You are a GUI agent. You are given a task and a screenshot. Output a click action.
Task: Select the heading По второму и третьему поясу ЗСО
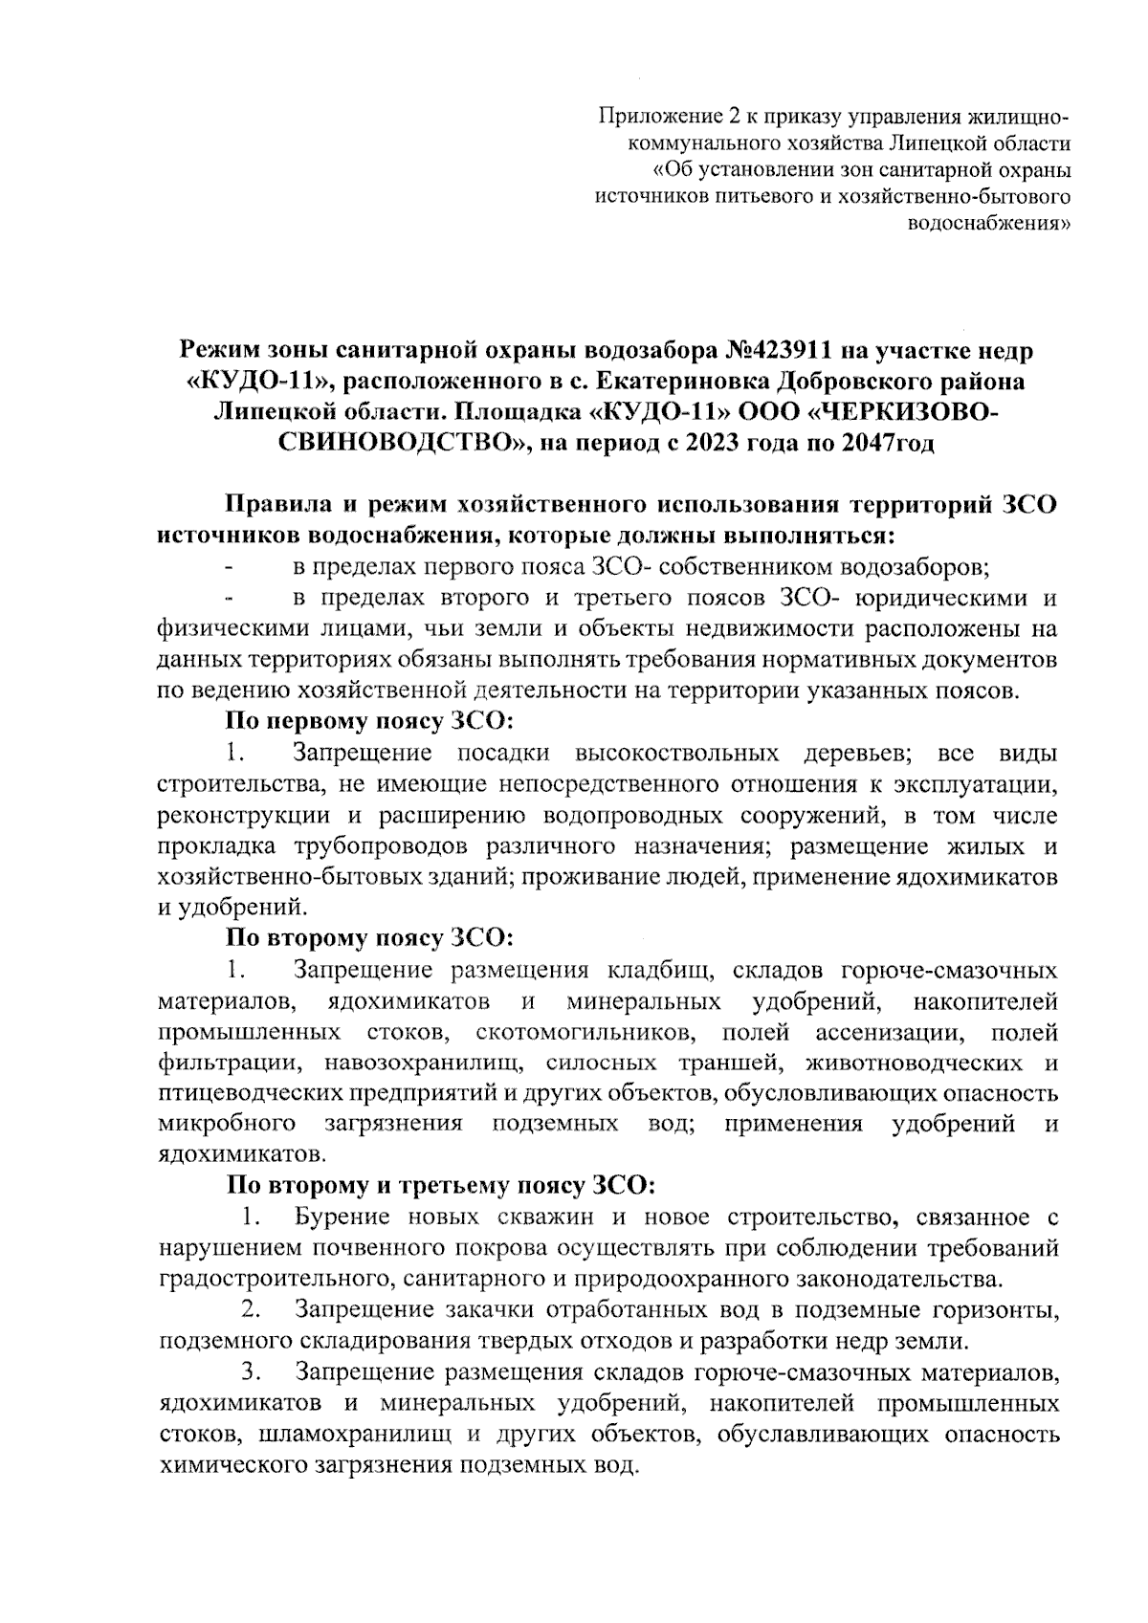pos(441,1186)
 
